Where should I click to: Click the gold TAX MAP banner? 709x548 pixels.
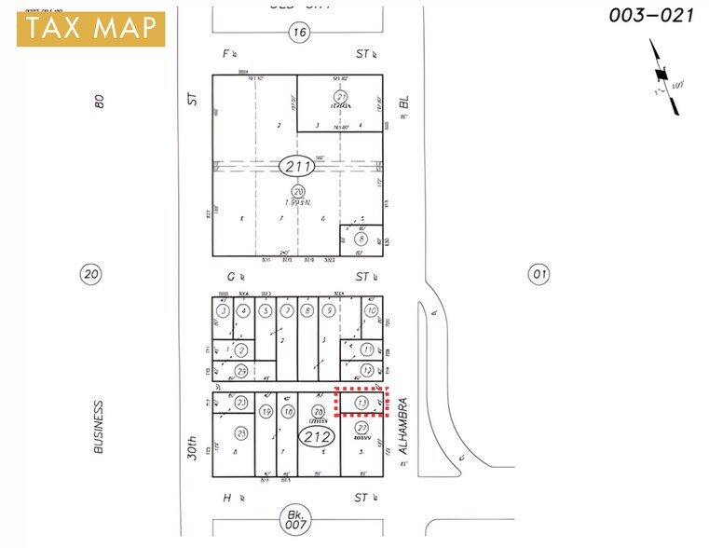[89, 29]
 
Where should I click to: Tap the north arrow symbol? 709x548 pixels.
[663, 78]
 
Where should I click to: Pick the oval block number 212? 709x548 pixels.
[314, 436]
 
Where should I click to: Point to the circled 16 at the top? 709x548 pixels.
[297, 33]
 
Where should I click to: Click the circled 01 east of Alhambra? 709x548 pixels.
[538, 274]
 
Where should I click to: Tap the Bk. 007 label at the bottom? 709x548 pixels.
[297, 517]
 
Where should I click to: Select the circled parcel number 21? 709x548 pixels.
[340, 97]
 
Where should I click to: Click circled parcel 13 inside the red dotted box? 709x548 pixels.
[361, 403]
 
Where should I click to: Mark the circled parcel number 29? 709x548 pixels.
[241, 372]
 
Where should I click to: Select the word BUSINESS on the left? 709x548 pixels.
[98, 428]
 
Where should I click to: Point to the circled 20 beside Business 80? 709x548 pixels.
[89, 274]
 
